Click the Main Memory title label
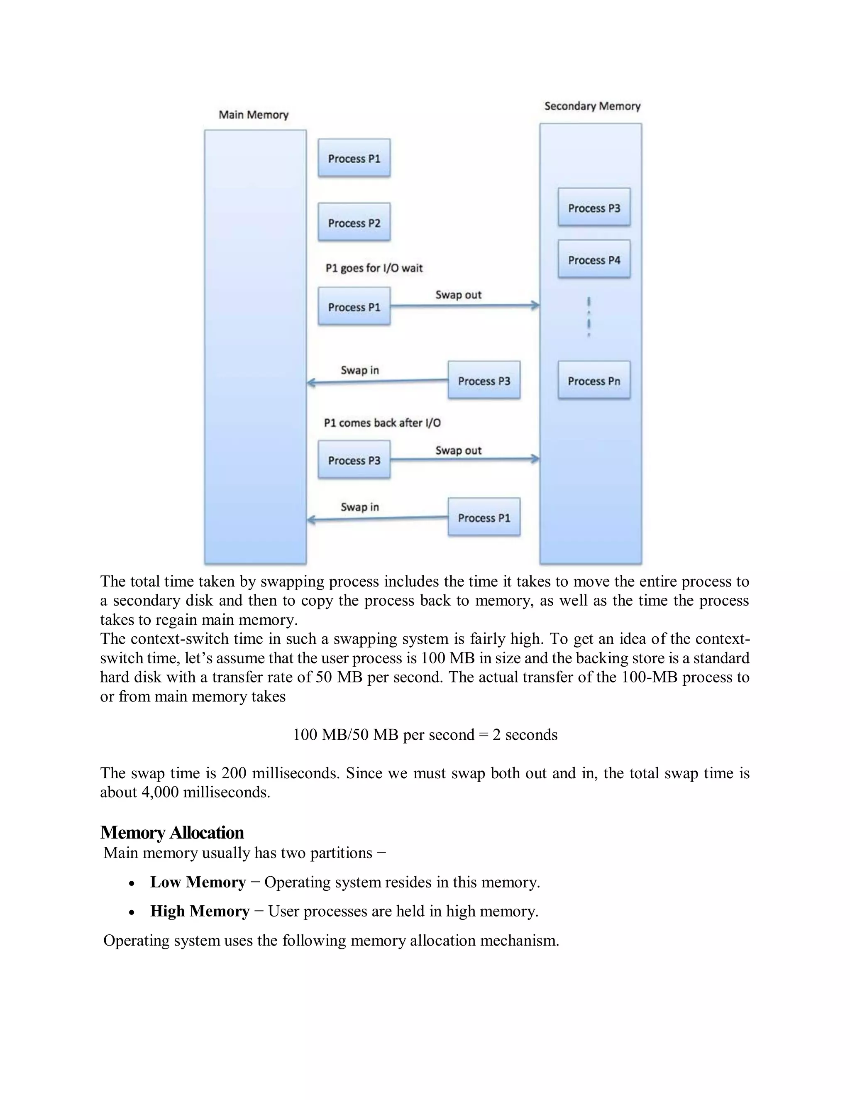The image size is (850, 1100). click(253, 115)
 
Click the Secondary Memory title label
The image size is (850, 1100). click(592, 106)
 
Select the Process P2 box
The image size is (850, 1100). click(354, 222)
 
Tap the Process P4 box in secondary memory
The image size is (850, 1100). click(594, 260)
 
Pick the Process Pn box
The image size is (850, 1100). click(594, 381)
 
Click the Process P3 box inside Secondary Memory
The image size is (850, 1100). click(594, 208)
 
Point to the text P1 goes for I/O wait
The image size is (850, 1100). click(374, 268)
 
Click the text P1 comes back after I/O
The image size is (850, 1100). click(382, 423)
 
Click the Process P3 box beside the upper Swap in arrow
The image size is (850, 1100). click(484, 381)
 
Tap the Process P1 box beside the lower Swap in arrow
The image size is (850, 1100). click(484, 518)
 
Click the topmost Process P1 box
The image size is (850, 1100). click(354, 158)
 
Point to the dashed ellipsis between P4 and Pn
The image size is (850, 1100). click(589, 317)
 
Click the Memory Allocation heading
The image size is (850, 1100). click(172, 833)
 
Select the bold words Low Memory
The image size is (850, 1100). click(198, 882)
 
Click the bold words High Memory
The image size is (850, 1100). click(200, 911)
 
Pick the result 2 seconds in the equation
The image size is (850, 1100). click(525, 735)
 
